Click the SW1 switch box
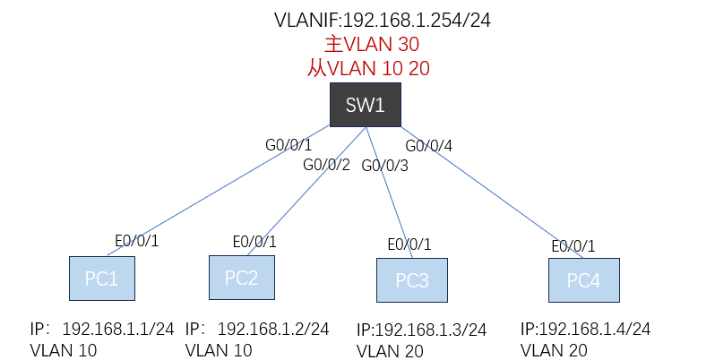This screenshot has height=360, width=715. pos(366,105)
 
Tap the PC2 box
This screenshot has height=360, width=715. pos(241,278)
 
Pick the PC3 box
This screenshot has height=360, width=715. pos(412,280)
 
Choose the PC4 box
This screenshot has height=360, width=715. pos(584,280)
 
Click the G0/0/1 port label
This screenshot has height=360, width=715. pos(288,144)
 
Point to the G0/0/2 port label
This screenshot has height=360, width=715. pos(326,165)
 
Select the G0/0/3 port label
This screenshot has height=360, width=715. pos(385,166)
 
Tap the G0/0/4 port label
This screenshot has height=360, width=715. pos(429,145)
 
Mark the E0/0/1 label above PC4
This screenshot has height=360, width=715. pos(573,246)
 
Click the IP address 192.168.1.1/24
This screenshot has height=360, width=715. pos(117,329)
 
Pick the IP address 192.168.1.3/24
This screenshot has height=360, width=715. pos(421,330)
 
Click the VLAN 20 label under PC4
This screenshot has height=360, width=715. pos(553,350)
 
